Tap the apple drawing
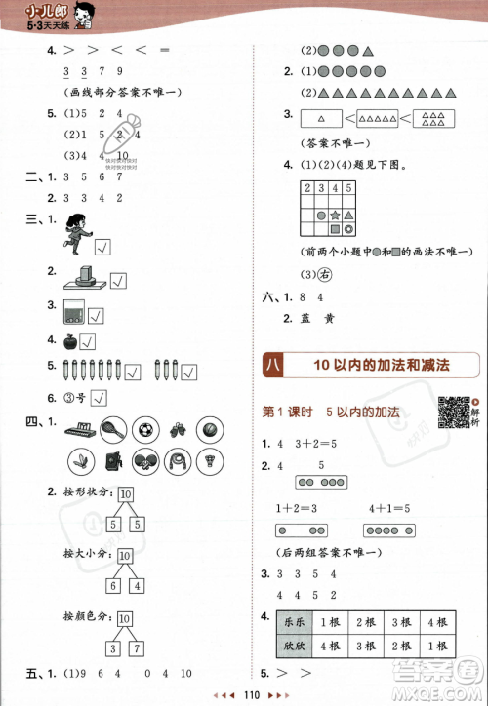click(x=68, y=341)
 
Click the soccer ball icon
click(x=144, y=428)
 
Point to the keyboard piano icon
click(x=77, y=428)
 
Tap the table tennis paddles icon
click(x=144, y=461)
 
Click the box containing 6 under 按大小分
click(x=110, y=585)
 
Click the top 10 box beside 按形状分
click(x=125, y=496)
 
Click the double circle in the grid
click(x=348, y=229)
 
